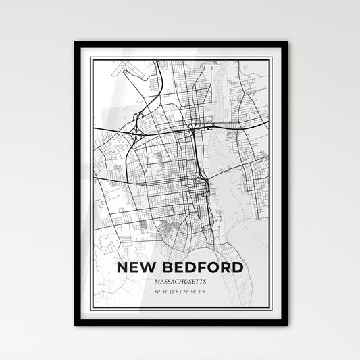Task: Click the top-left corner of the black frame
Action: click(76, 43)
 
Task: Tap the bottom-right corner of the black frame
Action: click(286, 325)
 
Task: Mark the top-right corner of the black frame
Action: click(286, 43)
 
